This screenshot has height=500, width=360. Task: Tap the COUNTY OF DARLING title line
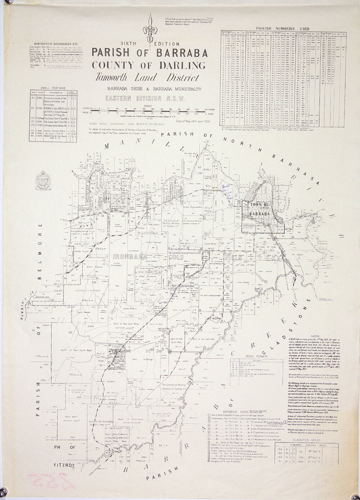[x=149, y=65]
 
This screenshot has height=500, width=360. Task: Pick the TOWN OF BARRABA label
[x=257, y=208]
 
